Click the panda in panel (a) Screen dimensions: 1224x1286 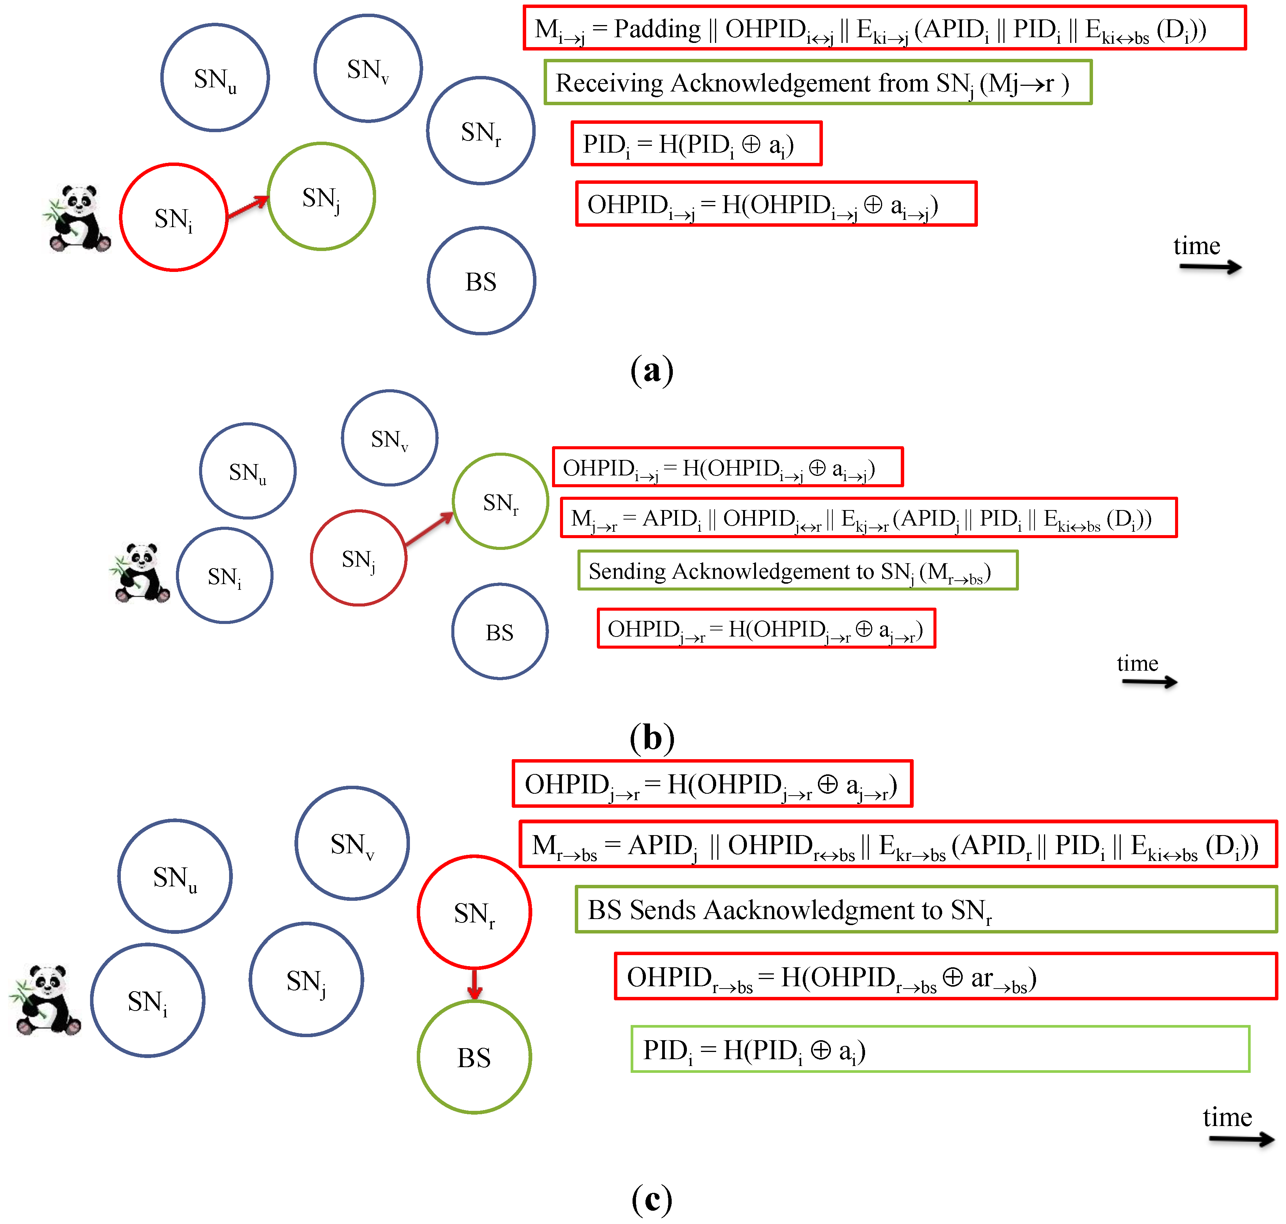tap(77, 219)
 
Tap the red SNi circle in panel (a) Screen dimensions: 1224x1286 tap(174, 217)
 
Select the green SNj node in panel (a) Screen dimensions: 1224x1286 tap(321, 196)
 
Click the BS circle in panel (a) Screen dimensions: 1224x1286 tap(481, 281)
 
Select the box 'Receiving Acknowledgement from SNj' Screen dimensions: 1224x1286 tap(817, 83)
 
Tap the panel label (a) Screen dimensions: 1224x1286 tap(652, 370)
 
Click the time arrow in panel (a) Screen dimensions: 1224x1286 tap(1210, 266)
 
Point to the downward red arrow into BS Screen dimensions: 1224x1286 tap(475, 984)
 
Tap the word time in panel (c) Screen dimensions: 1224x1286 tap(1227, 1117)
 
